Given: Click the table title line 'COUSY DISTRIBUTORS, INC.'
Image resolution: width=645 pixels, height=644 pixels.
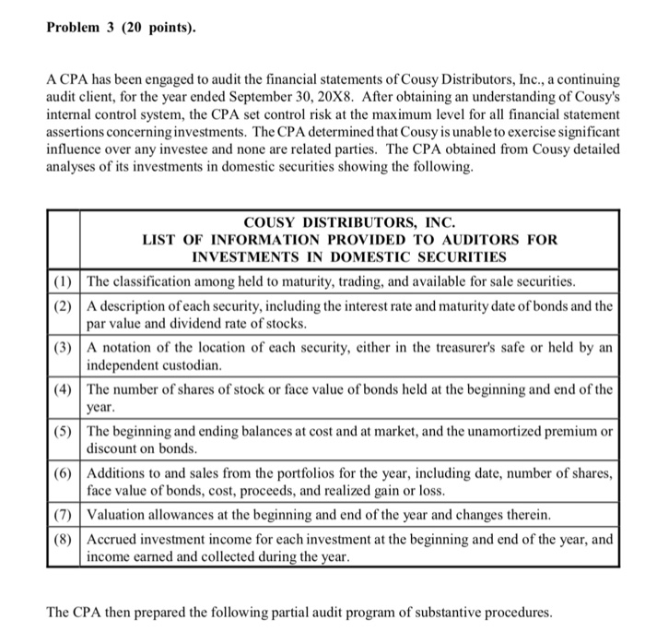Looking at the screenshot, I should (x=349, y=222).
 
